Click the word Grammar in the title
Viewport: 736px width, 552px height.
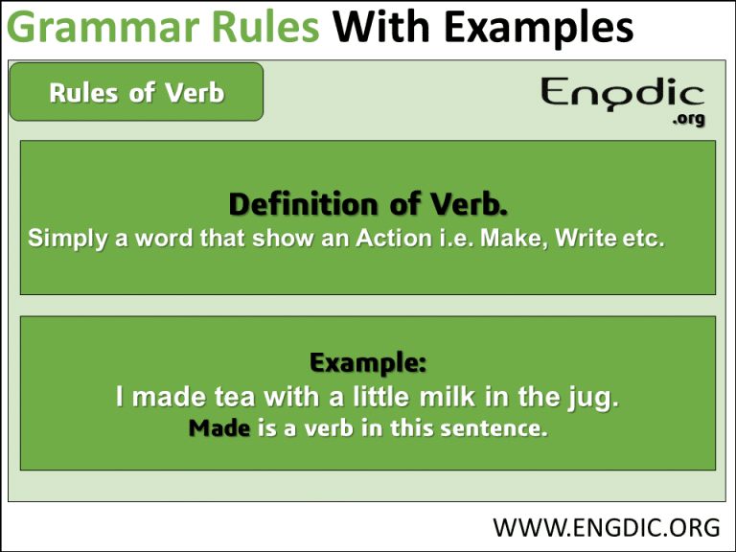click(x=106, y=28)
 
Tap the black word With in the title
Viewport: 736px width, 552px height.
click(x=381, y=26)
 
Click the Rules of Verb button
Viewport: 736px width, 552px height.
click(x=136, y=92)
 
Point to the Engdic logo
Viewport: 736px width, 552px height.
click(x=622, y=94)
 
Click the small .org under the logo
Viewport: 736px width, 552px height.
click(x=688, y=118)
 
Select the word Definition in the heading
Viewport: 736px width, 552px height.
click(x=303, y=205)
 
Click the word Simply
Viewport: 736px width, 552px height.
click(x=68, y=239)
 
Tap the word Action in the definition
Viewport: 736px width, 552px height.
click(x=394, y=238)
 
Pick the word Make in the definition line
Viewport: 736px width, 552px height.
click(x=514, y=238)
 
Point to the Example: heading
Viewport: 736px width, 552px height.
click(x=368, y=362)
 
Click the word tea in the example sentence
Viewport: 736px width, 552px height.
click(x=235, y=397)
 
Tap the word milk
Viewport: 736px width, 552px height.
click(x=447, y=397)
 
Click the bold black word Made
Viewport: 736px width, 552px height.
click(x=219, y=428)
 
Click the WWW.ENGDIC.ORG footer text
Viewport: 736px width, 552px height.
click(x=606, y=528)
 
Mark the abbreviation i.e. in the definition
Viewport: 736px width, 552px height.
click(x=456, y=238)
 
